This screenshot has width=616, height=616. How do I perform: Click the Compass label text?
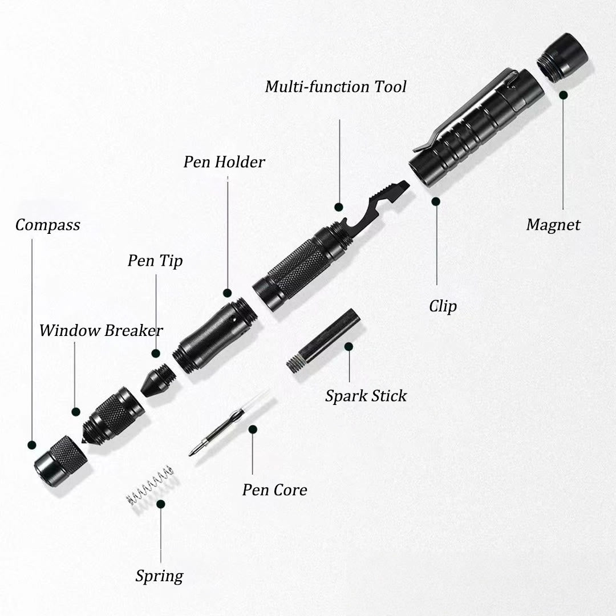47,225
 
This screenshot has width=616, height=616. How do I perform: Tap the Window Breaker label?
101,330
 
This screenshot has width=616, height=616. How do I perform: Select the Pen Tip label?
155,261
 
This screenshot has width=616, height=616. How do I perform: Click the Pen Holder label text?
224,162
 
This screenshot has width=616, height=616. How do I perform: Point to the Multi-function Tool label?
336,87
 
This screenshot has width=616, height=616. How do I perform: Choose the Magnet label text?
553,225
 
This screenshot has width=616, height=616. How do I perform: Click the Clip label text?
443,306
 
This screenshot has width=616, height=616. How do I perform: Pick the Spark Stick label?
366,396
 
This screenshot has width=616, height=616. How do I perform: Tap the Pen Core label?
274,490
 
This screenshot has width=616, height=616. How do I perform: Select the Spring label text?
159,576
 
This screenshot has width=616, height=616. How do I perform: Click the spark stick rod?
324,341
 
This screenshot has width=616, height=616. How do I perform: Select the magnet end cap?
562,57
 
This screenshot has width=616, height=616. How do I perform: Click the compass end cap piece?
60,461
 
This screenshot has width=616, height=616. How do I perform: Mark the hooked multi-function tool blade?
376,208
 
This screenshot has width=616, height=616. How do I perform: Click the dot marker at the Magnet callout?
563,95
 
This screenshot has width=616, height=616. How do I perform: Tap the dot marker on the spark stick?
348,346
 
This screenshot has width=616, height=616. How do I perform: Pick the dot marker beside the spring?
161,504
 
